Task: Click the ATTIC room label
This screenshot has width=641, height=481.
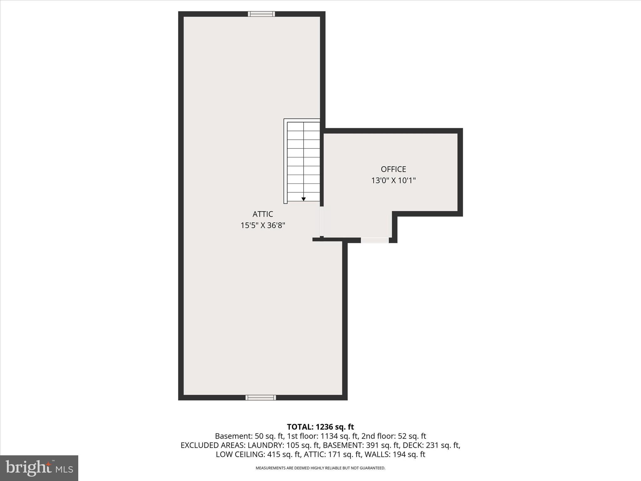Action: pyautogui.click(x=263, y=214)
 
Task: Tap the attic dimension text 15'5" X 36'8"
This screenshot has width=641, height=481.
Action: pyautogui.click(x=263, y=225)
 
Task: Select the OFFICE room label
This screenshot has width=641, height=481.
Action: pyautogui.click(x=393, y=169)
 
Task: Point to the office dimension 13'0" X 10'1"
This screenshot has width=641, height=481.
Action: pyautogui.click(x=393, y=181)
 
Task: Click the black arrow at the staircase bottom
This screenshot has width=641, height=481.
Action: pyautogui.click(x=303, y=199)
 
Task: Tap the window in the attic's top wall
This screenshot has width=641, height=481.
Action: pyautogui.click(x=261, y=14)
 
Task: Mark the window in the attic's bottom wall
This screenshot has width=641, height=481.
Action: pyautogui.click(x=261, y=398)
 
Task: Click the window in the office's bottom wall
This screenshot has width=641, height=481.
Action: pyautogui.click(x=375, y=240)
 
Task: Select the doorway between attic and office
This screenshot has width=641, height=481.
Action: pyautogui.click(x=321, y=221)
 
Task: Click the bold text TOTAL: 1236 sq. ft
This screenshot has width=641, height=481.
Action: pyautogui.click(x=320, y=427)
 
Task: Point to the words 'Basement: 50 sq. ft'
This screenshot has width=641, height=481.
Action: pyautogui.click(x=249, y=436)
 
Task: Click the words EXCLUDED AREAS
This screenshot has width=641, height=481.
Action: pyautogui.click(x=213, y=445)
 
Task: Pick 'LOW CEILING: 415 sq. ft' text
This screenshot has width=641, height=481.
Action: pyautogui.click(x=258, y=455)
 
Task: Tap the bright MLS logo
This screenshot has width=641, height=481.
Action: pyautogui.click(x=39, y=468)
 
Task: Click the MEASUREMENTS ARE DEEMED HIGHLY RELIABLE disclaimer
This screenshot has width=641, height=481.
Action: pyautogui.click(x=320, y=468)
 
